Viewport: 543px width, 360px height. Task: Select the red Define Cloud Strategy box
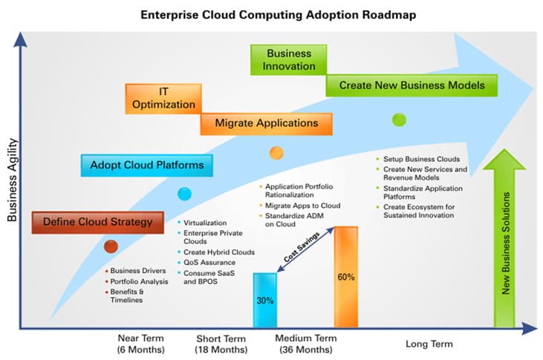[97, 221]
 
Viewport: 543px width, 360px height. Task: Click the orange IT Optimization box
[163, 98]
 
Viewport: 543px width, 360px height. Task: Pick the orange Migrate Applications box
[266, 122]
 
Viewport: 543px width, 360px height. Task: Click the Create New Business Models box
[412, 85]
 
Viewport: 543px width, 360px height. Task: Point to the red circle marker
[111, 246]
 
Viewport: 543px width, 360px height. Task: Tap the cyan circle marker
[184, 194]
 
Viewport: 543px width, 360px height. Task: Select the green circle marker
[399, 119]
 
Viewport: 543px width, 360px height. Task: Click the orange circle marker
[276, 153]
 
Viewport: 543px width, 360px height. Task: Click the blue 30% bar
[265, 300]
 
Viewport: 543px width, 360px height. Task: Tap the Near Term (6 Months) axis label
[140, 344]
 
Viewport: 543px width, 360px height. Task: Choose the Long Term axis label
[429, 344]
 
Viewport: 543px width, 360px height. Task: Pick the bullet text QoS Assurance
[210, 262]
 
